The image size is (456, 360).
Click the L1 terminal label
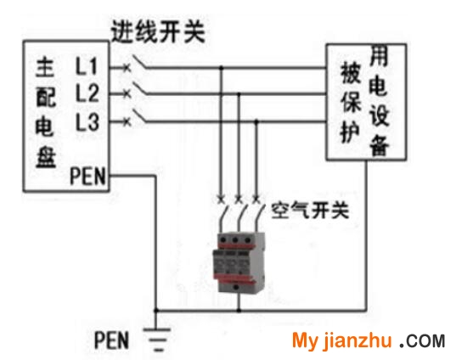pyautogui.click(x=86, y=66)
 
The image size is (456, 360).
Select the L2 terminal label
pyautogui.click(x=87, y=93)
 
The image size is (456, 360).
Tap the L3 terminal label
pyautogui.click(x=87, y=121)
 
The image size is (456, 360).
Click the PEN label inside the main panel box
pyautogui.click(x=87, y=176)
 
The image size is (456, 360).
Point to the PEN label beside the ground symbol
pyautogui.click(x=111, y=340)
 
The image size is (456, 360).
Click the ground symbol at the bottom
pyautogui.click(x=156, y=340)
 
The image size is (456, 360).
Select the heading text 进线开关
pyautogui.click(x=159, y=31)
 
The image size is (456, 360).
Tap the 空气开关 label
pyautogui.click(x=310, y=210)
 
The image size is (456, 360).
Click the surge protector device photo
pyautogui.click(x=239, y=262)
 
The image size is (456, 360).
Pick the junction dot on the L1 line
pyautogui.click(x=221, y=68)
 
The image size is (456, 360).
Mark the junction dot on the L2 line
pyautogui.click(x=239, y=93)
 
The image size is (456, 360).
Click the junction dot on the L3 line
pyautogui.click(x=256, y=121)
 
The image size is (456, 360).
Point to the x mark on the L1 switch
pyautogui.click(x=127, y=68)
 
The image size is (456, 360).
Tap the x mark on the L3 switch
pyautogui.click(x=127, y=121)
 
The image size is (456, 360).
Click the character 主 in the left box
pyautogui.click(x=45, y=67)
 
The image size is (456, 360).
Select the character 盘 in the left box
pyautogui.click(x=46, y=158)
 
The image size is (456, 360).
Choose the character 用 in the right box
pyautogui.click(x=379, y=56)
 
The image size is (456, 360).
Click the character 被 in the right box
pyautogui.click(x=352, y=73)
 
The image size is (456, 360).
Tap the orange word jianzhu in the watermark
pyautogui.click(x=357, y=340)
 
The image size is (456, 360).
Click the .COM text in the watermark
pyautogui.click(x=422, y=340)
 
